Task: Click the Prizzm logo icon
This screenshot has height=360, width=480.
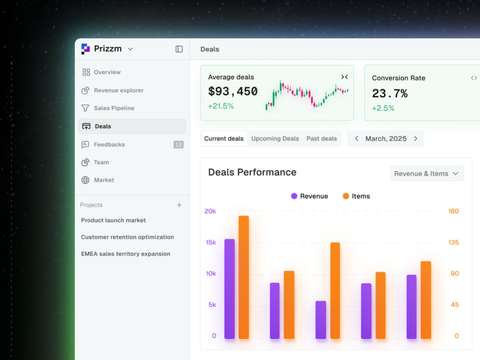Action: pyautogui.click(x=85, y=49)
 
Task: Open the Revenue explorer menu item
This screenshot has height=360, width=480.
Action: pyautogui.click(x=119, y=90)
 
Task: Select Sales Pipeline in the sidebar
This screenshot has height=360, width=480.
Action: pyautogui.click(x=114, y=108)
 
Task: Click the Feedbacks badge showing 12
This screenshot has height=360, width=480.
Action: pyautogui.click(x=179, y=144)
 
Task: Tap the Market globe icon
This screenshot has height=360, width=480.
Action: pyautogui.click(x=85, y=180)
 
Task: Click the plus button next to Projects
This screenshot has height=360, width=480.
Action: pyautogui.click(x=180, y=205)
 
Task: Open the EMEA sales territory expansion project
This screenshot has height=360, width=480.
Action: pyautogui.click(x=125, y=254)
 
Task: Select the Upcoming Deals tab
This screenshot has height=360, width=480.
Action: pyautogui.click(x=275, y=139)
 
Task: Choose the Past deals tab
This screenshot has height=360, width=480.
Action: pyautogui.click(x=322, y=139)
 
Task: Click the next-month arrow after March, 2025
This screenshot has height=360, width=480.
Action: pyautogui.click(x=416, y=139)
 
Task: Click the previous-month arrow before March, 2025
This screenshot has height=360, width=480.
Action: pyautogui.click(x=357, y=139)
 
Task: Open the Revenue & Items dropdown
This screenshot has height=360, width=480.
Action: pyautogui.click(x=427, y=174)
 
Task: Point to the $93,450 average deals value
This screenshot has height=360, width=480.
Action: pyautogui.click(x=233, y=91)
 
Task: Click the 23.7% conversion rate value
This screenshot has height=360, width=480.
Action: pyautogui.click(x=390, y=94)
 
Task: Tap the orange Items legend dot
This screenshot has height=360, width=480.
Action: pyautogui.click(x=346, y=196)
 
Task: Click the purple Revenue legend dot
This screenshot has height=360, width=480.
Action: pyautogui.click(x=294, y=196)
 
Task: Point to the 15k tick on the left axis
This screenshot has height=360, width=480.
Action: pyautogui.click(x=211, y=242)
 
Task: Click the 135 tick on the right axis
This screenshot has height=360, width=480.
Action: pyautogui.click(x=454, y=242)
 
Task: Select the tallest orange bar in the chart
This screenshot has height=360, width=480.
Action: pyautogui.click(x=244, y=277)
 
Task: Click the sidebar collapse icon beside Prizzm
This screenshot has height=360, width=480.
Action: pyautogui.click(x=179, y=49)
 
